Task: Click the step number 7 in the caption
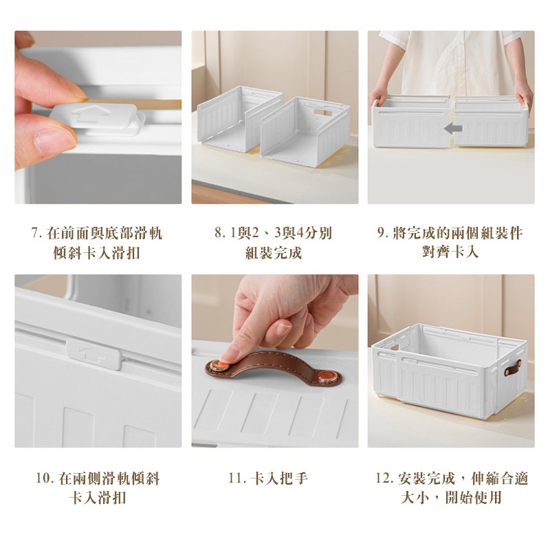tap(34, 233)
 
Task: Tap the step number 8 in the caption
tap(219, 233)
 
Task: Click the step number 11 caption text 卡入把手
tap(279, 478)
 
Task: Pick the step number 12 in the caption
tap(384, 478)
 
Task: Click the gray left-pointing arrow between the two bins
tap(453, 129)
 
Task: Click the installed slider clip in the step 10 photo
tap(94, 353)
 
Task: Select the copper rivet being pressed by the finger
tap(220, 366)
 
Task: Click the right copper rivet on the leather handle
tap(329, 377)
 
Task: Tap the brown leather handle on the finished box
tap(513, 367)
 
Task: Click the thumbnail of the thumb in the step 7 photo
tap(55, 140)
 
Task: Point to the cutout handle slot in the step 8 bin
tap(322, 112)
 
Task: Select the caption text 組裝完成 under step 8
tap(274, 252)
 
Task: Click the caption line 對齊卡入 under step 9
tap(450, 252)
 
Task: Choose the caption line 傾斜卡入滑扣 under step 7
tap(96, 252)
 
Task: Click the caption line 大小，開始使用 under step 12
tap(451, 497)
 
